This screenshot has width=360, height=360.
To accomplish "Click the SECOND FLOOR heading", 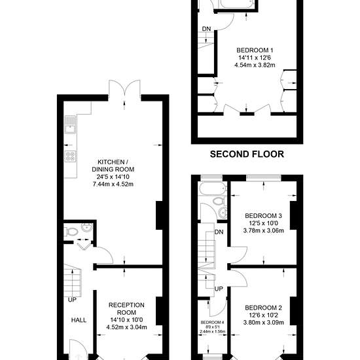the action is pos(247,154).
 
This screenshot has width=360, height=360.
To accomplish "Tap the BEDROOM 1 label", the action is pos(255,50).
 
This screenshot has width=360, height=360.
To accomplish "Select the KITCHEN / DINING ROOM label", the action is pos(113,166).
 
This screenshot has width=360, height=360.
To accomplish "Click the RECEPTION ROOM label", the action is pos(126,308).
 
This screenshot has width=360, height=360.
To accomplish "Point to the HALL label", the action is pos(79,320).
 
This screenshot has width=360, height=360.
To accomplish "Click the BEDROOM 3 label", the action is pos(263,215).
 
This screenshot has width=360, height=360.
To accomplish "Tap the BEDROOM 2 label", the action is pos(263,308).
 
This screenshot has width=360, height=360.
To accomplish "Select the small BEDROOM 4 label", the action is pos(212,322).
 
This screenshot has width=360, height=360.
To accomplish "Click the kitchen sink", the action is pos(70,124).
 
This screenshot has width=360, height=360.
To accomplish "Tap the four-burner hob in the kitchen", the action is pos(71,156).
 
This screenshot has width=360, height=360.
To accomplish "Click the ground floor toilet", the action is pos(71,232).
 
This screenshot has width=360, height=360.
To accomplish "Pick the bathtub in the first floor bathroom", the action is pos(213,189).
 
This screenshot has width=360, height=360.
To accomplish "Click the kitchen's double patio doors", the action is pos(124,88).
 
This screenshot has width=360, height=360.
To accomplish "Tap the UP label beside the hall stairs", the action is pos(72,300).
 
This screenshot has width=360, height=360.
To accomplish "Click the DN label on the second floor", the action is pos(206,29).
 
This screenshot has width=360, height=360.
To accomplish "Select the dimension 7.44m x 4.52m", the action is pos(113,184).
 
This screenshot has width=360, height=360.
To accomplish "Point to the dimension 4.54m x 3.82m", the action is pos(255,65).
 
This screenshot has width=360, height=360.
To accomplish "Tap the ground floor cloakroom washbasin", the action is pos(87,227).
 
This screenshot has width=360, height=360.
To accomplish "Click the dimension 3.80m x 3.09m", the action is pos(263,322).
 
